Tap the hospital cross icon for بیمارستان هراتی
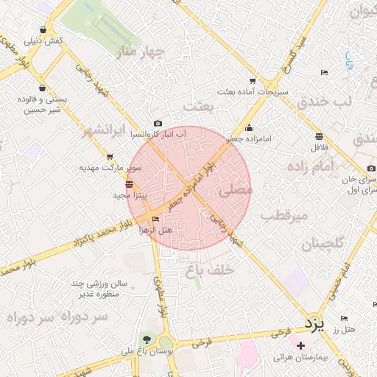click(x=300, y=345)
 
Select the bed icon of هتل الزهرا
click(x=155, y=219)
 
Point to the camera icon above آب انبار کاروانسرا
click(x=158, y=124)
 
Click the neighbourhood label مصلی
click(x=236, y=190)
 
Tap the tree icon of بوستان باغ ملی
click(x=147, y=340)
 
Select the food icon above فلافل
click(x=319, y=136)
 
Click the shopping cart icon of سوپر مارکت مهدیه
click(x=110, y=157)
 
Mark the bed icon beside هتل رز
click(x=345, y=318)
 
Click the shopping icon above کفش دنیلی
click(x=45, y=29)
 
